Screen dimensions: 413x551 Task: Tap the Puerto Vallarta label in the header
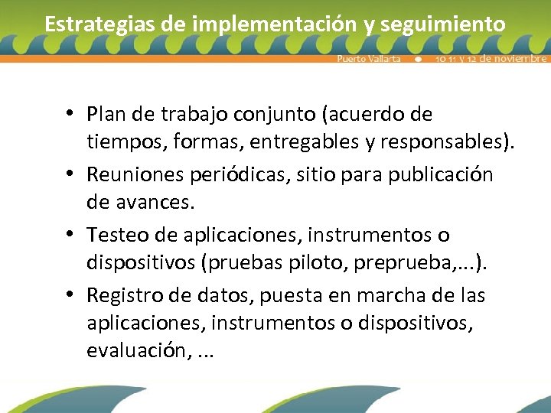click(369, 59)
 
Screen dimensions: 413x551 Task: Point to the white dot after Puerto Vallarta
click(418, 59)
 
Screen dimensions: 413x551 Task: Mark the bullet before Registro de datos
click(69, 294)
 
